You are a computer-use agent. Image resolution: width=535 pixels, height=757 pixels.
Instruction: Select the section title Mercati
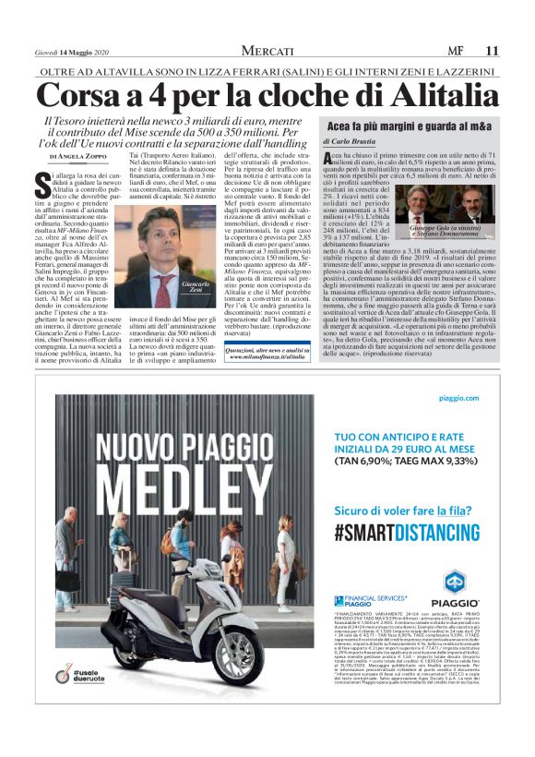(x=267, y=50)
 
